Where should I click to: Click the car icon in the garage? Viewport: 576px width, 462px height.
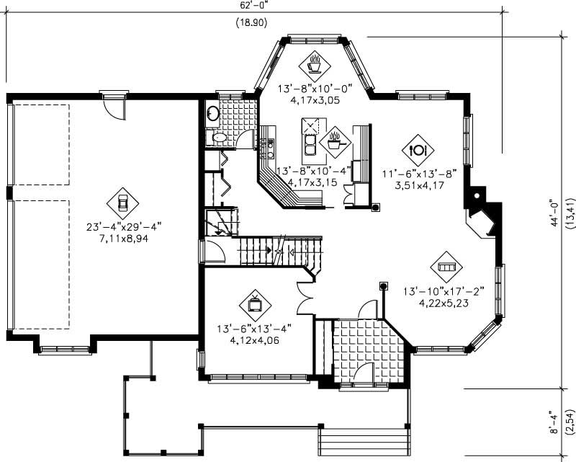click(x=122, y=203)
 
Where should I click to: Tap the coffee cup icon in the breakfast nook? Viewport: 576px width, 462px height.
click(x=315, y=64)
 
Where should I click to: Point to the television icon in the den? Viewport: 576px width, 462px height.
click(x=255, y=303)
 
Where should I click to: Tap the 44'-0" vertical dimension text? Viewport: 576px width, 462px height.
click(x=554, y=213)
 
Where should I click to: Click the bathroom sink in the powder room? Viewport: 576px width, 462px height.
click(x=212, y=113)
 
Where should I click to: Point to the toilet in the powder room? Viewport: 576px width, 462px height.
click(x=217, y=137)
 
